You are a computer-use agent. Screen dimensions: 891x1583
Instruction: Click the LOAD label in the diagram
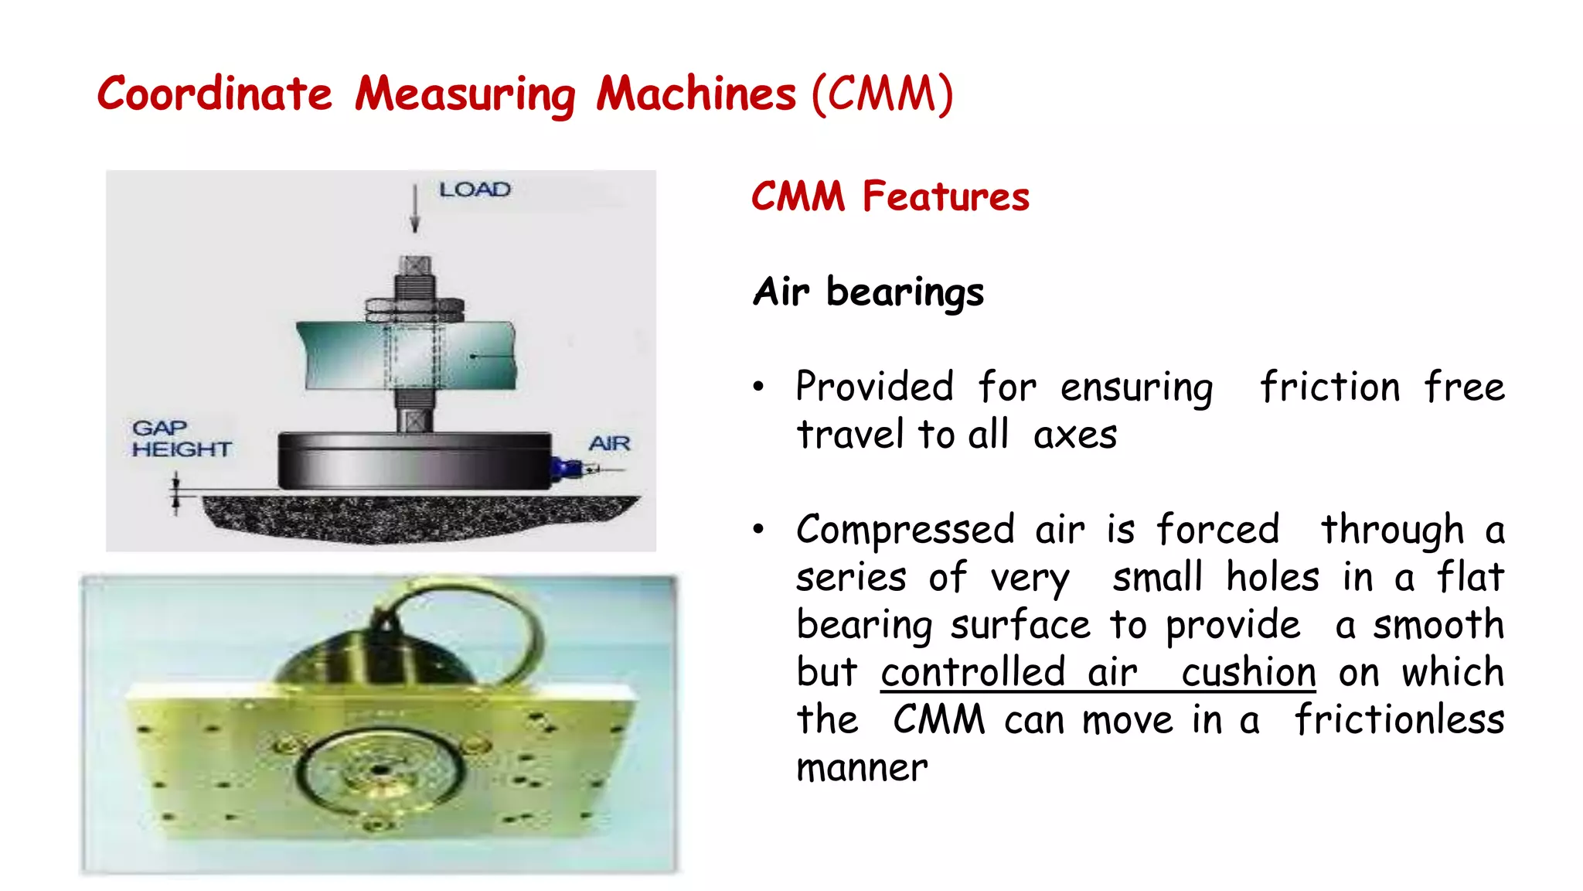click(x=475, y=189)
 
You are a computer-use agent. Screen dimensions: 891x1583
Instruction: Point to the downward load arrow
click(x=415, y=210)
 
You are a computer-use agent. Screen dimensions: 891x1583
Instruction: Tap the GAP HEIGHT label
click(x=181, y=439)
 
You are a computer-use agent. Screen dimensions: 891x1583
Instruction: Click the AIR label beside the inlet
click(x=609, y=444)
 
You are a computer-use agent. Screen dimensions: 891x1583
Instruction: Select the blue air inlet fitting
click(x=567, y=467)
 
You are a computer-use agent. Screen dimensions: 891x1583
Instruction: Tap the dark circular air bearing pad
click(x=415, y=461)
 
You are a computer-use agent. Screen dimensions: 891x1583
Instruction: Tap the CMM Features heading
click(x=890, y=196)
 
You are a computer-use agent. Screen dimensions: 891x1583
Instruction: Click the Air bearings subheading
click(x=868, y=292)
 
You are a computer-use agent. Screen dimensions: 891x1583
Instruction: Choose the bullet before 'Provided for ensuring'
click(x=759, y=386)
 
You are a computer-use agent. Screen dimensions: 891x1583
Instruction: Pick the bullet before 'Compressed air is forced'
click(x=759, y=529)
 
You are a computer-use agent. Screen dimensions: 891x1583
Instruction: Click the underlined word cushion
click(x=1248, y=672)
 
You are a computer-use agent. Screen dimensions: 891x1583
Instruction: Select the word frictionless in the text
click(x=1399, y=720)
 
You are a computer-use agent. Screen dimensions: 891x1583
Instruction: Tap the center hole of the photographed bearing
click(x=379, y=770)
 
